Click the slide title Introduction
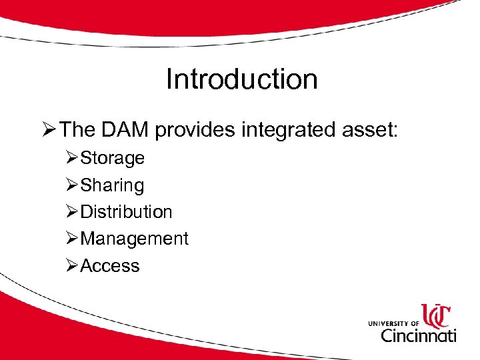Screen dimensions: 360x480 (241, 79)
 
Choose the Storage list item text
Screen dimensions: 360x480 (112, 159)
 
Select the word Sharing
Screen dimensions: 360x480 (112, 185)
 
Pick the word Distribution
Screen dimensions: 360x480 (126, 212)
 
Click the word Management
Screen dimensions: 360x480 (134, 239)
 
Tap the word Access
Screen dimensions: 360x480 (110, 266)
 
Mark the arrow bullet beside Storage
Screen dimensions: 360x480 (72, 159)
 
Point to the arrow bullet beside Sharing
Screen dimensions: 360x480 (72, 185)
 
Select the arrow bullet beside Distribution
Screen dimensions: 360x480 (72, 212)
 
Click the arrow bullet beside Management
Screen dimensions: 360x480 (72, 239)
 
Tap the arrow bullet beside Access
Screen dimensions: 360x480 (72, 266)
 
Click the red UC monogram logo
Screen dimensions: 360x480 (436, 315)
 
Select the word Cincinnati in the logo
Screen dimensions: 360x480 (418, 334)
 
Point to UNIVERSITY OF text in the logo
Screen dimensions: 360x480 (393, 323)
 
